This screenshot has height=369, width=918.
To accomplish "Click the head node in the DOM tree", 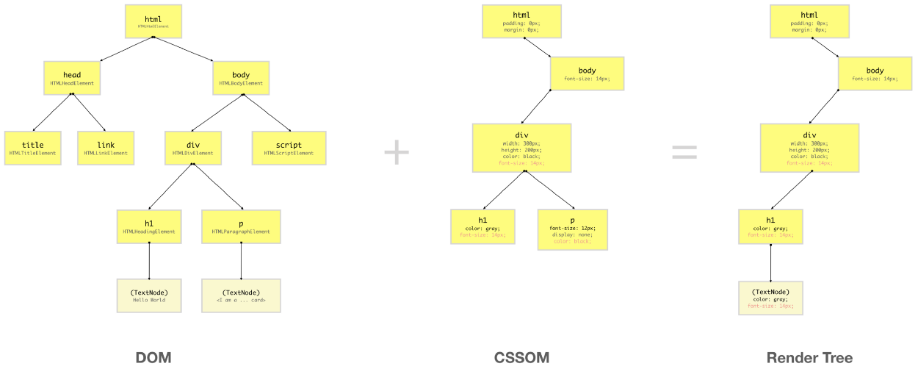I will point(72,78).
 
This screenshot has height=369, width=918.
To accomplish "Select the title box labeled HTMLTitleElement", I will point(32,148).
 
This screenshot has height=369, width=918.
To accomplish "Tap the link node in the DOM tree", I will point(106,148).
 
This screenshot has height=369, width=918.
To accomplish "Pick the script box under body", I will point(288,148).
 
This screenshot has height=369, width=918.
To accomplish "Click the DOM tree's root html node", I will point(153,21).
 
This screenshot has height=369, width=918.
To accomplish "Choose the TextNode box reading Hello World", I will point(148,295).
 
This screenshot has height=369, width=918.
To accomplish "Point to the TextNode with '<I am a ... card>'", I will point(241,295).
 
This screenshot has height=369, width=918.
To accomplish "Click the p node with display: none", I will point(572,229).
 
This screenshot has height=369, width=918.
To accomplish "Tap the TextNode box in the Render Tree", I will point(770,298).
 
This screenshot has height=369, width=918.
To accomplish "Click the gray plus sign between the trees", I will point(397,152).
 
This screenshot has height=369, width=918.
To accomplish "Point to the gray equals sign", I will point(684,152).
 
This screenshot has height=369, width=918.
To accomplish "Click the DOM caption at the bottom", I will point(153,358).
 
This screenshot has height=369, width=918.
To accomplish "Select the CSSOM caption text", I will point(521,358).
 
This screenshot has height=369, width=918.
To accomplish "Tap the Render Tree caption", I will point(809,358).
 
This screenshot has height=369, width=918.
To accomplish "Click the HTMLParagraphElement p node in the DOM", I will point(241,226).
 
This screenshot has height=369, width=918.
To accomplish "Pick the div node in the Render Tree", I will point(809,148).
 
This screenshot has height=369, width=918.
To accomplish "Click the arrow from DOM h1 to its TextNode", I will point(149,261).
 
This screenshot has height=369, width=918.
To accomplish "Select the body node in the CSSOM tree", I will point(587,74).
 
